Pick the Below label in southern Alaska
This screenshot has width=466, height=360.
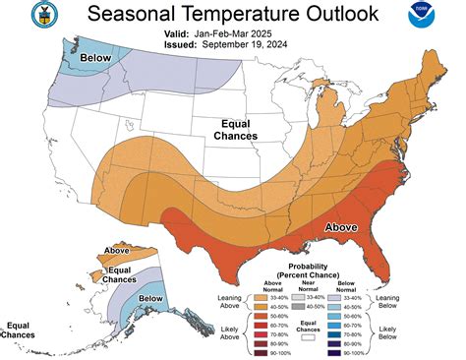click(150, 297)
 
